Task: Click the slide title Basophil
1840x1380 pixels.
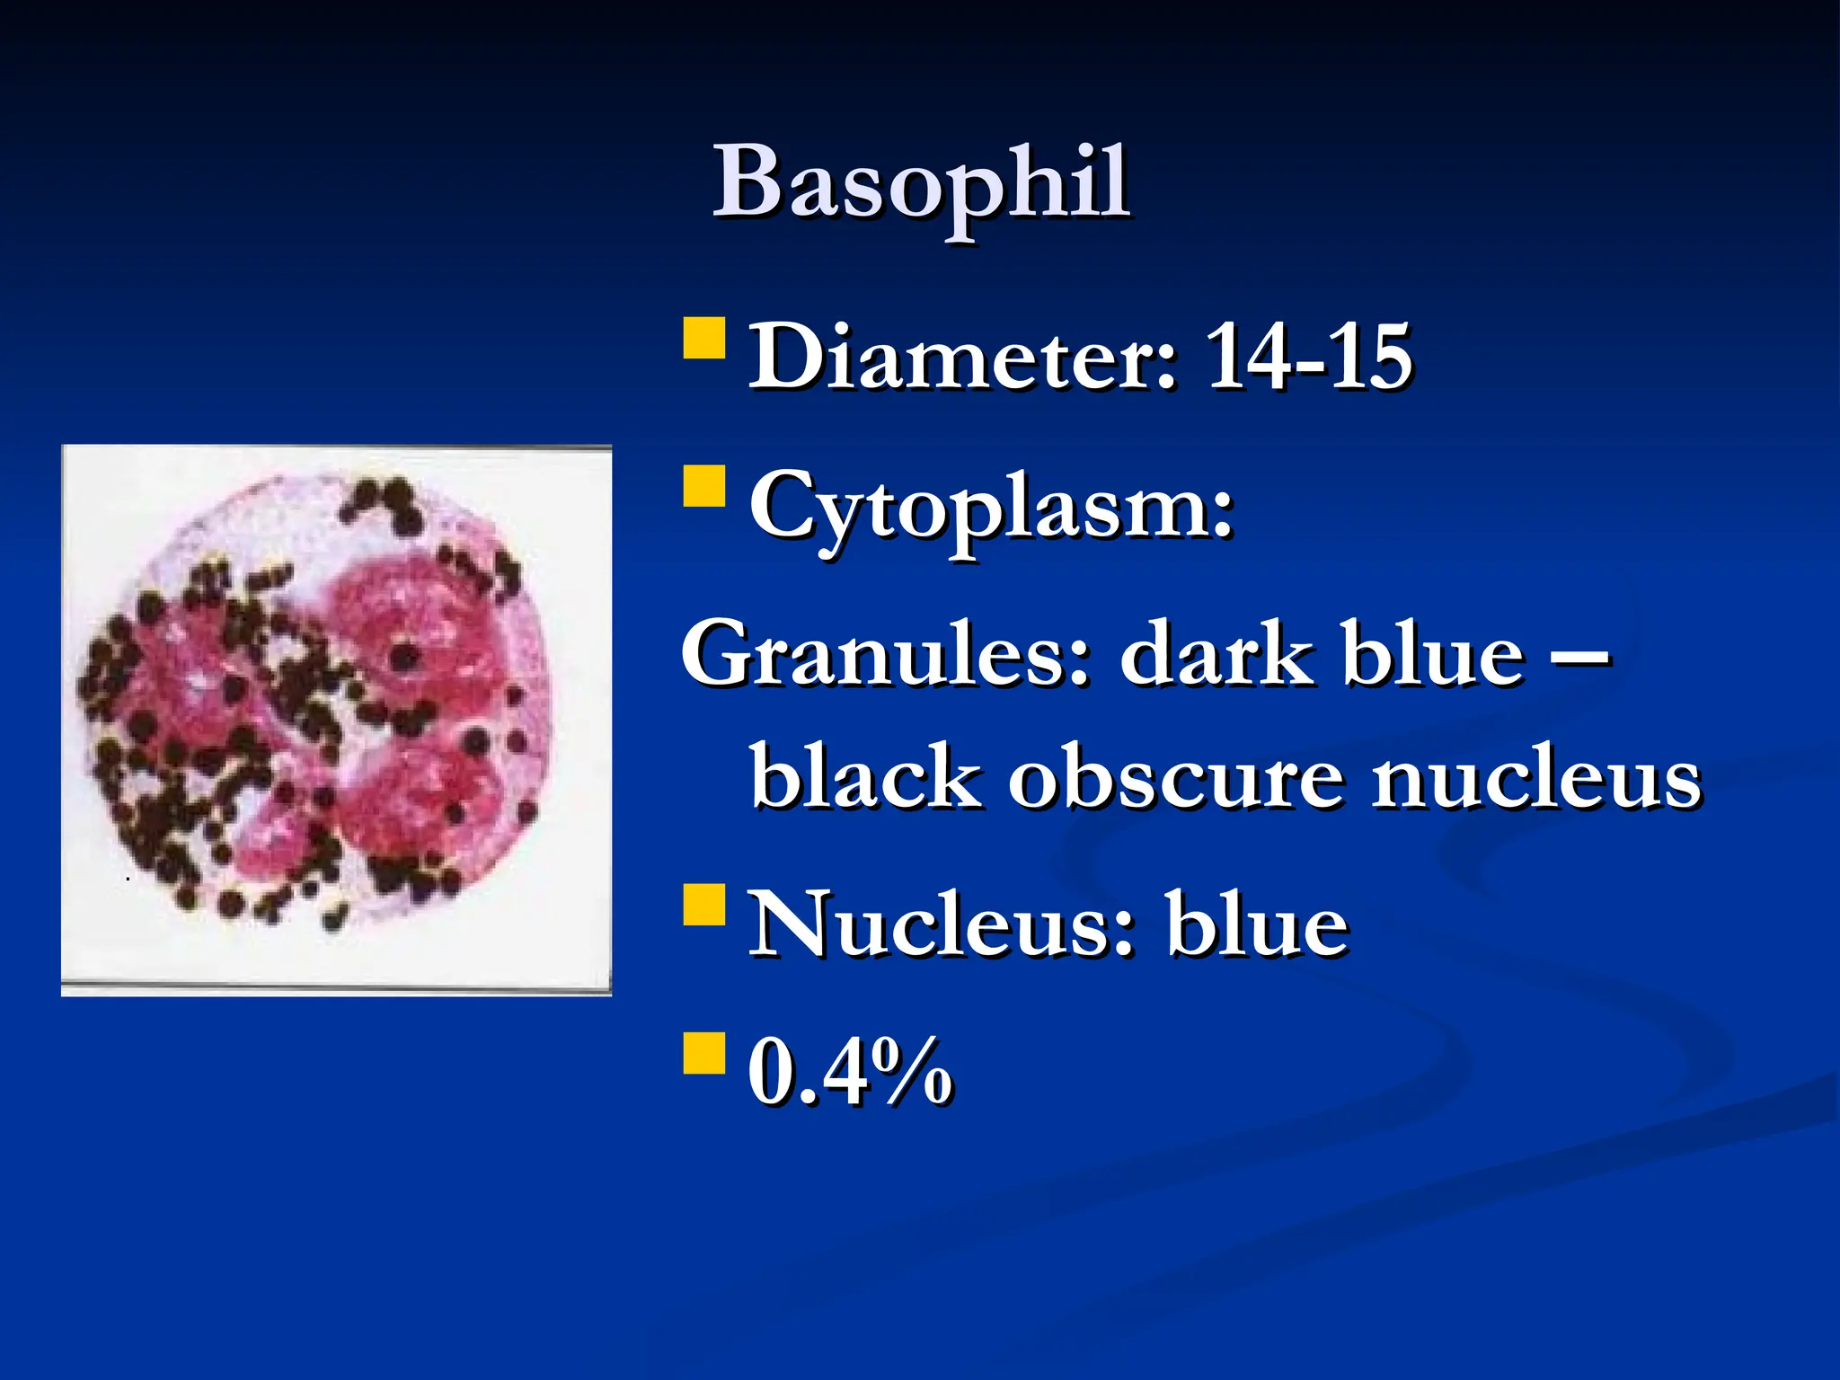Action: click(x=921, y=184)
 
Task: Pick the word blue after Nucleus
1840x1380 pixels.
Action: click(x=1257, y=925)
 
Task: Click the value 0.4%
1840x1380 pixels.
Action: click(x=850, y=1071)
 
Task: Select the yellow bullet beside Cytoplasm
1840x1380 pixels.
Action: click(x=703, y=487)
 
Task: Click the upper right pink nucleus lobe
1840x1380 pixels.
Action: click(x=413, y=629)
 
